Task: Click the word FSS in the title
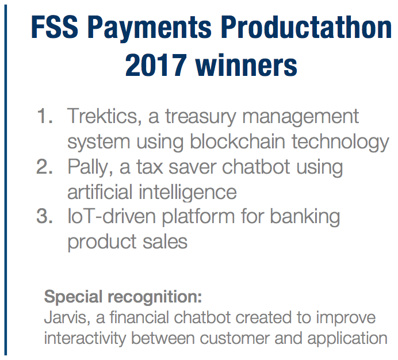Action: (x=55, y=27)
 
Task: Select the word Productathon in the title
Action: (x=306, y=26)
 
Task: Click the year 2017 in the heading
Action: (x=156, y=65)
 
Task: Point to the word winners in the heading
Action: (x=246, y=65)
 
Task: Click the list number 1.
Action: (x=45, y=116)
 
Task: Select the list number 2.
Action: (x=45, y=167)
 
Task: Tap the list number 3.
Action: (x=45, y=216)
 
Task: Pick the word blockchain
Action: (x=238, y=141)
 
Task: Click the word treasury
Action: (x=201, y=118)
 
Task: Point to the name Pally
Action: (x=90, y=168)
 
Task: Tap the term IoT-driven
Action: (x=112, y=217)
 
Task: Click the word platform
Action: (x=198, y=218)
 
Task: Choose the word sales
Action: (x=165, y=242)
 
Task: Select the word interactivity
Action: (x=85, y=339)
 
